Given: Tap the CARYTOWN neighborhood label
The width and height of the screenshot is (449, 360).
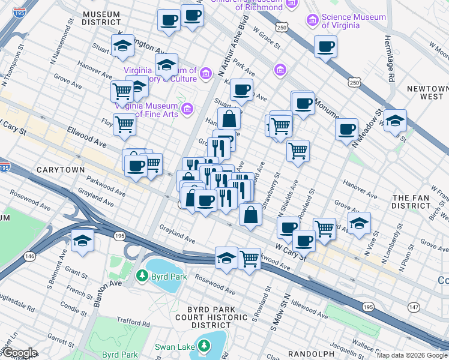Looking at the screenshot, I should pos(61,170).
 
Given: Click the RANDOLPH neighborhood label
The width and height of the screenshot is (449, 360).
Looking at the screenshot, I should pos(310,354).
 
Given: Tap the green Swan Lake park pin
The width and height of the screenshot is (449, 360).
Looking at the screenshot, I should pos(205,346).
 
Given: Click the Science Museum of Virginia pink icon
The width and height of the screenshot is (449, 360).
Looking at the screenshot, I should pos(312,21).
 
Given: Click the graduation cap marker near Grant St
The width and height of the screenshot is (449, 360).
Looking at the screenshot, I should pos(83,241).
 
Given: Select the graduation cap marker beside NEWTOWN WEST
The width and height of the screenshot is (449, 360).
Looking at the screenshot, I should pos(395,121).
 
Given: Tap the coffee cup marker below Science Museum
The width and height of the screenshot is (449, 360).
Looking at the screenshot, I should pos(327,47).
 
